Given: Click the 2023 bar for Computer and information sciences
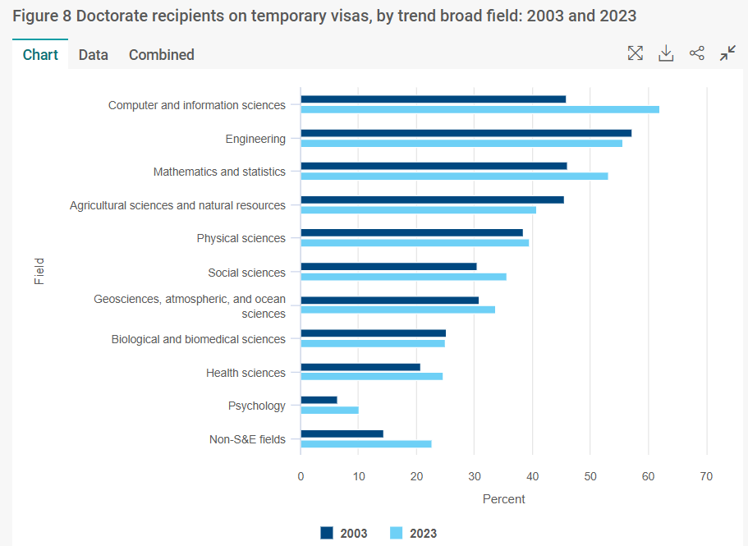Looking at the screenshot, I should pos(480,109).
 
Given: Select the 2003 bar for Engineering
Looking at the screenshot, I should pos(466,133).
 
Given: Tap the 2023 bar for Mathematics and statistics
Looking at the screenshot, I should pos(454,176).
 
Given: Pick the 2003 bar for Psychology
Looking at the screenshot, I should pos(319,400).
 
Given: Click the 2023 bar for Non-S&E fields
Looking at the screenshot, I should pos(366,443).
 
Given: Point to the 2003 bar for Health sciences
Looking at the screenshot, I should pos(360,366).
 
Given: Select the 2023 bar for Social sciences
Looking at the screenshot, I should pos(403,276).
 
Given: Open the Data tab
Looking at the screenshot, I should pos(94,55).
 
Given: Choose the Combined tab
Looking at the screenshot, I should pos(162,55).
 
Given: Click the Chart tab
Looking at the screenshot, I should pos(40,55).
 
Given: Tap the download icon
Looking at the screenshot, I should pos(666,53).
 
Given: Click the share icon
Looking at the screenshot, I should pos(697,53).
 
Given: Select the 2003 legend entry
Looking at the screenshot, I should pos(344,533).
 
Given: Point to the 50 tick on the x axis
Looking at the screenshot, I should pos(590,476).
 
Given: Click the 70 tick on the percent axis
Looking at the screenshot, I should pos(706,476).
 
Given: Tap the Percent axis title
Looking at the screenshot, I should pos(503,498).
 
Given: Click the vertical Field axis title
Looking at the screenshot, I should pos(39,271).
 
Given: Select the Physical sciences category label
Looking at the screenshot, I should pos(241,238).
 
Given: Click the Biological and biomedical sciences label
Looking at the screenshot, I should pos(198,339).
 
